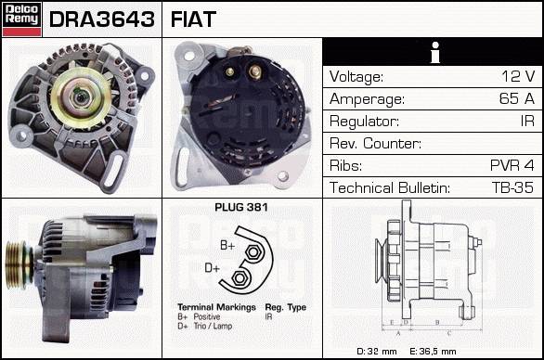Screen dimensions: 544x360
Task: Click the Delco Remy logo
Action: pos(22,19)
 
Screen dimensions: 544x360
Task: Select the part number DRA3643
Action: pos(102,19)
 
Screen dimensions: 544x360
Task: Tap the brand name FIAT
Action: pos(193,19)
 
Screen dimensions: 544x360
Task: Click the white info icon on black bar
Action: pos(435,52)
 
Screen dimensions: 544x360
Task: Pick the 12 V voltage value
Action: pos(518,76)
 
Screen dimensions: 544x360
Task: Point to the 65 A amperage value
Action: pos(517,98)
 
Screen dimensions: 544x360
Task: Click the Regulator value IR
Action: pos(527,121)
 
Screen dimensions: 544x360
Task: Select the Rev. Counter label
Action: pos(375,143)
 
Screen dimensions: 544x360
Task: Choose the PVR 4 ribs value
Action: pos(512,165)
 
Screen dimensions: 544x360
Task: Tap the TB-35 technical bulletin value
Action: pos(512,187)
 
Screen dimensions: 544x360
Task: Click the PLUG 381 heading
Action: pos(241,208)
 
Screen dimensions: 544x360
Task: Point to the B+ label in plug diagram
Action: pos(227,246)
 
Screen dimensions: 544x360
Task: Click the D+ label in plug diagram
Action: pos(212,268)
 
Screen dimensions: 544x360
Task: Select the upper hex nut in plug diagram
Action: pos(253,252)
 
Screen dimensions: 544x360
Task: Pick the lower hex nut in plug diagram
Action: pos(239,278)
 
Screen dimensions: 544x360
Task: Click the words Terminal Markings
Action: pos(216,307)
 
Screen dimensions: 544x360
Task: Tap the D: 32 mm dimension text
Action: pos(377,352)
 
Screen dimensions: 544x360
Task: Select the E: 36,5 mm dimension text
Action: pos(433,352)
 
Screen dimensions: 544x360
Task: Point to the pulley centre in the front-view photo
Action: pos(81,97)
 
